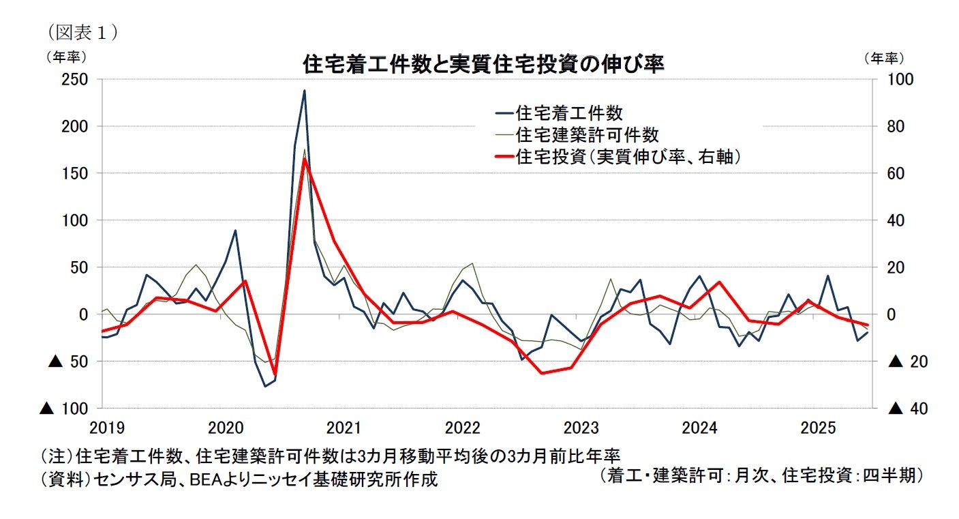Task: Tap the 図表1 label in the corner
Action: (x=80, y=32)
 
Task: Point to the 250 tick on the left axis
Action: (x=76, y=80)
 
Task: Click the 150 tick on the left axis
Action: (x=76, y=173)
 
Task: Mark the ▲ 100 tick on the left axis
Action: (x=65, y=408)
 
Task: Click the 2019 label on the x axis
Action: (x=107, y=428)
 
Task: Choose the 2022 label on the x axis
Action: (x=463, y=428)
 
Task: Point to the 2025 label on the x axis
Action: (x=818, y=428)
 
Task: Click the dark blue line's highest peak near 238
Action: (x=304, y=91)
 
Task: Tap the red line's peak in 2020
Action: (x=305, y=159)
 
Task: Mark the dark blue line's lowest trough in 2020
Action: (x=265, y=386)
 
